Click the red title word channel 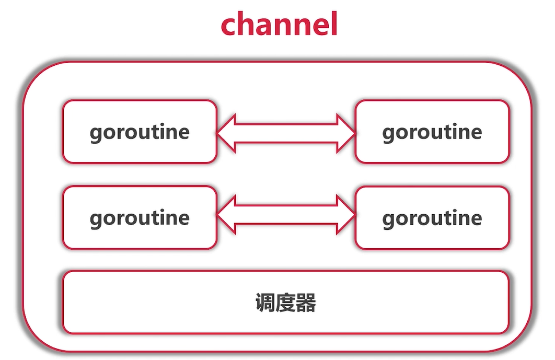point(279,25)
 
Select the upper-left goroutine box point(139,132)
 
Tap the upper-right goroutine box point(432,132)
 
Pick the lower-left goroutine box point(139,217)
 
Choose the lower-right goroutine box point(432,217)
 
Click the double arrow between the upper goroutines point(286,133)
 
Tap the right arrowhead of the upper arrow point(346,133)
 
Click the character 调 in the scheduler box point(265,303)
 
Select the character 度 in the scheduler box point(286,303)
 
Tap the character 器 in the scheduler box point(306,303)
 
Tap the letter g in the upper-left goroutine point(96,134)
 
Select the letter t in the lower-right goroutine point(444,218)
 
